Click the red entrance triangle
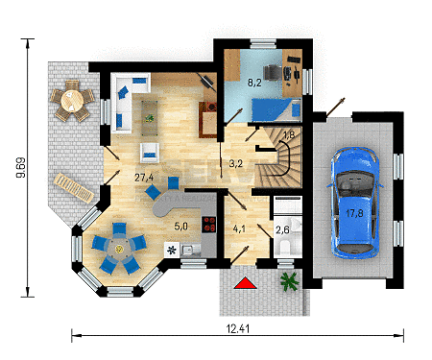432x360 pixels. click(x=245, y=283)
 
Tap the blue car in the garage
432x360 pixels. click(x=355, y=203)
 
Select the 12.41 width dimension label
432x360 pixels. click(x=238, y=328)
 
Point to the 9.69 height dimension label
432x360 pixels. click(x=21, y=167)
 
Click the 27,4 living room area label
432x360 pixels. click(x=144, y=177)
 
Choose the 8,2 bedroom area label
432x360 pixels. click(x=254, y=83)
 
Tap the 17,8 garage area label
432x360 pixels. click(x=354, y=213)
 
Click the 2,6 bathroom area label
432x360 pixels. click(x=282, y=229)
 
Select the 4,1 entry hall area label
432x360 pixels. click(x=239, y=229)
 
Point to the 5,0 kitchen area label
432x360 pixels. click(x=180, y=227)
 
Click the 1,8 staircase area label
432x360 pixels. click(x=289, y=134)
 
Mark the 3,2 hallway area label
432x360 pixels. click(x=236, y=163)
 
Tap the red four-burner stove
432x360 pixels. click(x=208, y=225)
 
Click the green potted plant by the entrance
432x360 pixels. click(x=290, y=281)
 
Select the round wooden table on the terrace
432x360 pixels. click(x=72, y=100)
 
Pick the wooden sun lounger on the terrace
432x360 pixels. click(x=74, y=188)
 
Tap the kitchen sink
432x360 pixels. click(x=191, y=249)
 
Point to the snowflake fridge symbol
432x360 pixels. click(x=172, y=250)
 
